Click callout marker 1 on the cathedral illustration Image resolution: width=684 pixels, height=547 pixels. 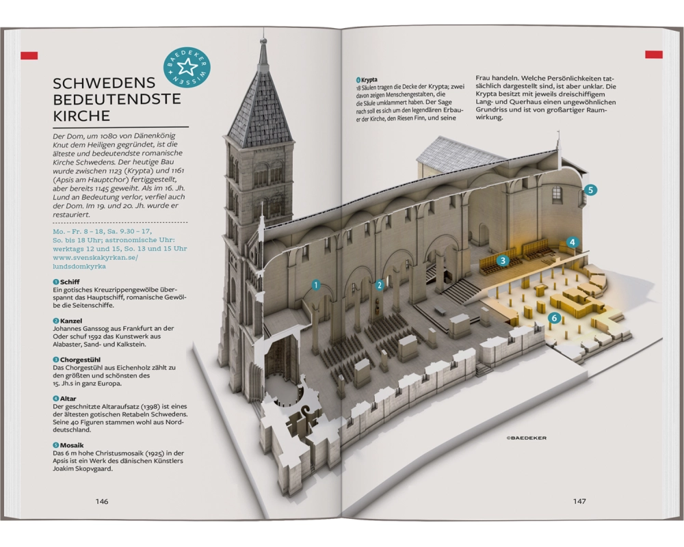(316, 285)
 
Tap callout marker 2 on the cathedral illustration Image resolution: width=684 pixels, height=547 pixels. (379, 285)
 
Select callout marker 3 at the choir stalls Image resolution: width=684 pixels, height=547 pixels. (502, 261)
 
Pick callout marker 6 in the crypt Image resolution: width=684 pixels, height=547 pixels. (555, 317)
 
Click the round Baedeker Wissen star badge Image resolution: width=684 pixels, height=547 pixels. (187, 67)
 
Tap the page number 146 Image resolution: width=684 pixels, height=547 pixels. (102, 501)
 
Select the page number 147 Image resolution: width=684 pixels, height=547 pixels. (579, 501)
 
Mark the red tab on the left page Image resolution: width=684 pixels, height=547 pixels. (29, 55)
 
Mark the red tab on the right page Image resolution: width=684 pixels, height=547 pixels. (654, 54)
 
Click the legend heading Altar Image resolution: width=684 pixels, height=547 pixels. (68, 398)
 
